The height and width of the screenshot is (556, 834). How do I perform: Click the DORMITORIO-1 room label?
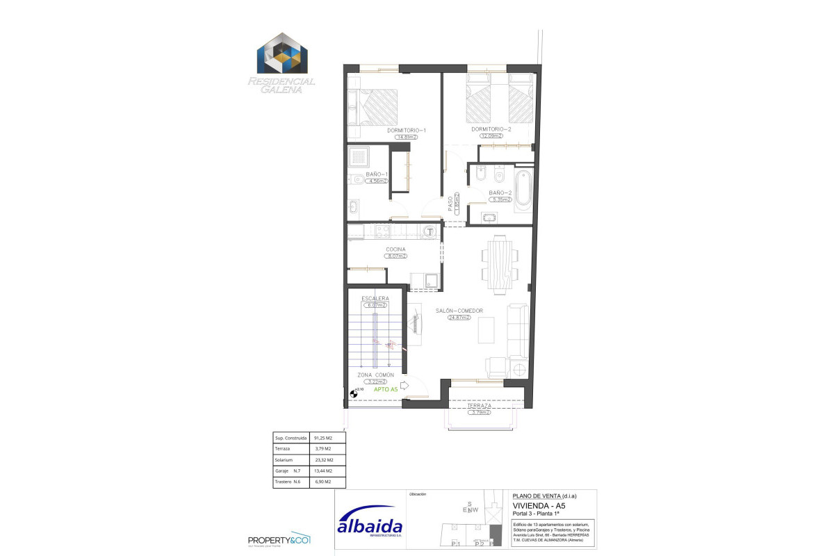click(x=406, y=130)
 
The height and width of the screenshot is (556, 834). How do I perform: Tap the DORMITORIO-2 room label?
click(x=491, y=129)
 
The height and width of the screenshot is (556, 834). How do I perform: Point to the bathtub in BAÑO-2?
click(x=523, y=188)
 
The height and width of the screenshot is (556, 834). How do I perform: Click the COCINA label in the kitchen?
click(x=395, y=250)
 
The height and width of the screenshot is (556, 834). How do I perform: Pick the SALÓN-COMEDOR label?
click(x=459, y=311)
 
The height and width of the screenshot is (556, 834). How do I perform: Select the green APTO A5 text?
click(x=386, y=390)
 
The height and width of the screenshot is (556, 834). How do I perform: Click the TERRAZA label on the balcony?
click(x=480, y=407)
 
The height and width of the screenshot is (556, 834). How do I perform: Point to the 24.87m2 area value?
click(x=459, y=318)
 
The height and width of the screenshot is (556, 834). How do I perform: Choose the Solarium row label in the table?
click(x=286, y=460)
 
